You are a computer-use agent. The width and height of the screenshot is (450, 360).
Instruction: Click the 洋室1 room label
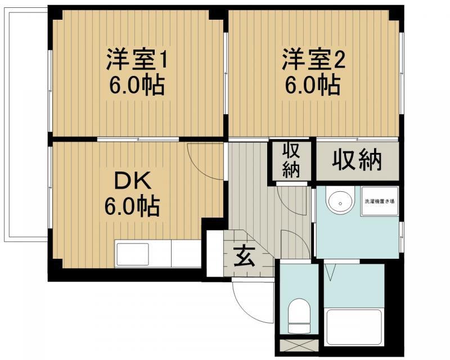coord(137,60)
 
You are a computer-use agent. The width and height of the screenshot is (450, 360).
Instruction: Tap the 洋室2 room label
coord(312,60)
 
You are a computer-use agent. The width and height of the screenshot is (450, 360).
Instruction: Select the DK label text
coord(133,182)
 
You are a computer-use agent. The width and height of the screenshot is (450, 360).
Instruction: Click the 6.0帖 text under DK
coord(132,206)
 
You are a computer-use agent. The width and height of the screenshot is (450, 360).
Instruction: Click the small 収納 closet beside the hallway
coord(291,161)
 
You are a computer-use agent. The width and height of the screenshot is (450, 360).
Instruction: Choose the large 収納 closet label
coord(357,161)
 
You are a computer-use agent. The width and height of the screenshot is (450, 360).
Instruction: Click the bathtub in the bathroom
coord(354,329)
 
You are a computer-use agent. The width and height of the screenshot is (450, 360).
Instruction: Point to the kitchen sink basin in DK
coord(133,254)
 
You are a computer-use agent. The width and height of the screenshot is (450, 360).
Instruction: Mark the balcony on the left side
coord(25,124)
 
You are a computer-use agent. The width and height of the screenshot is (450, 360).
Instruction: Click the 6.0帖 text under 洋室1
coord(137,85)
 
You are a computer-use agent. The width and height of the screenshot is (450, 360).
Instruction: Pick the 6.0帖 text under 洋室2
coord(312,85)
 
